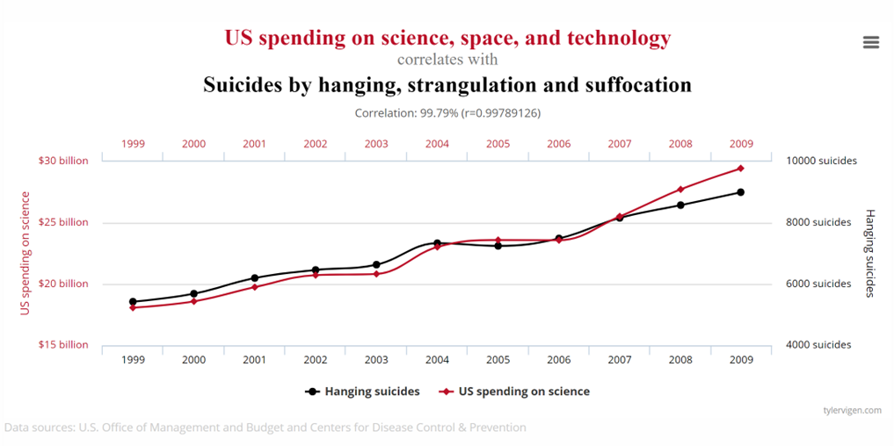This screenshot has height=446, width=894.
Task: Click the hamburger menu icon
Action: tap(870, 42)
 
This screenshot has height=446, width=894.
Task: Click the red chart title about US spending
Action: tap(447, 38)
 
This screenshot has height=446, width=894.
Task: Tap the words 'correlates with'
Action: tap(447, 60)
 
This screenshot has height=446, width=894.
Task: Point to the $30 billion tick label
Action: tap(63, 161)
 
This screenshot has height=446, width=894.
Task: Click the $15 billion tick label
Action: tap(63, 345)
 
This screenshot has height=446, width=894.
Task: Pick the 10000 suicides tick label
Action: tap(821, 161)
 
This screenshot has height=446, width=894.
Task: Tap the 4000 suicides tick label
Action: tap(818, 345)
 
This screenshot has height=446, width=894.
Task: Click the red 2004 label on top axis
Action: tap(437, 143)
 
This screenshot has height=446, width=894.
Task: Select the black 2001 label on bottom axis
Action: tap(254, 360)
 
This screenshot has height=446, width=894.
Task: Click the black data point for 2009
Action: tap(741, 192)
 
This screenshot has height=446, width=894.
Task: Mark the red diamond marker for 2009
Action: tap(741, 169)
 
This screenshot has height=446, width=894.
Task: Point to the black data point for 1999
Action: tap(133, 302)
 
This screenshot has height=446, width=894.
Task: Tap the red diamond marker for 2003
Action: tap(376, 274)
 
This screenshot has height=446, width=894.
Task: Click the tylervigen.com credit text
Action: tap(852, 410)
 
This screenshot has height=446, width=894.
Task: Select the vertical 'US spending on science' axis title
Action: tap(25, 253)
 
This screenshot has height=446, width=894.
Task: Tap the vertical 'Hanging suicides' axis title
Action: tap(869, 253)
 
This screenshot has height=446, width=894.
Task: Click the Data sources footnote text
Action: tap(265, 428)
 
